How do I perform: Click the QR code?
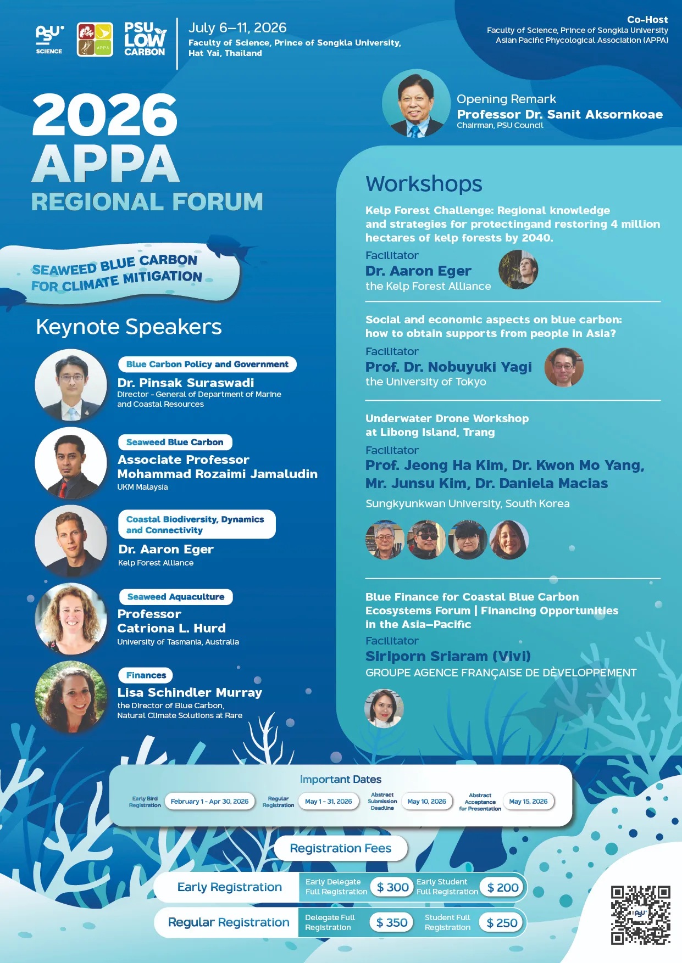click(640, 915)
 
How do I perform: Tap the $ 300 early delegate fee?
click(392, 887)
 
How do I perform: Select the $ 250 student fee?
click(502, 923)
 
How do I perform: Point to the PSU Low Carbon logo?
click(145, 39)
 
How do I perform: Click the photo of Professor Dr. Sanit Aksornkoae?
click(417, 104)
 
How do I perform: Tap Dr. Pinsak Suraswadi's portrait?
click(71, 385)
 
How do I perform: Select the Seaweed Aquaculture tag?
click(176, 597)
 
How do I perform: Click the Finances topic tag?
click(146, 675)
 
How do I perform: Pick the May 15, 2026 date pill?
click(528, 802)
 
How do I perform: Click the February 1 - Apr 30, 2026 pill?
click(209, 802)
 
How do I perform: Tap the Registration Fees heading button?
click(341, 848)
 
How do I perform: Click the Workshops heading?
click(424, 184)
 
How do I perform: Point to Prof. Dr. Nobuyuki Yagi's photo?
click(564, 367)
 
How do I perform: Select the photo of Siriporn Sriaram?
click(384, 708)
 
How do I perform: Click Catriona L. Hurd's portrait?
click(71, 619)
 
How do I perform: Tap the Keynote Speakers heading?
click(129, 327)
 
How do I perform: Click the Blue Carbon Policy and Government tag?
click(207, 365)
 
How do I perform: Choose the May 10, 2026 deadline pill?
click(426, 802)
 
